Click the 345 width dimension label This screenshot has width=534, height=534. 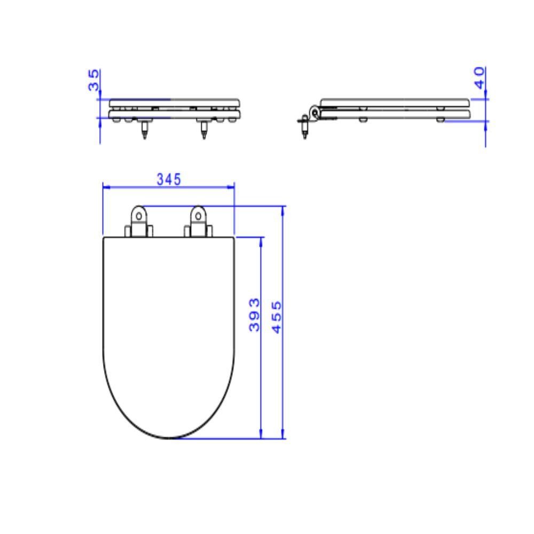point(169,179)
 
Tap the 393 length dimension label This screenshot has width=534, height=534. point(254,315)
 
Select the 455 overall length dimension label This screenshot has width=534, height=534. point(277,317)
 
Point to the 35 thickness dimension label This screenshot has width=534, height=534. point(93,80)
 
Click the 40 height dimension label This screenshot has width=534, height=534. point(480,78)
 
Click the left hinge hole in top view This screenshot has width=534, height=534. point(139,216)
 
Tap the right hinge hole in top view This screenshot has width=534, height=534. point(198,216)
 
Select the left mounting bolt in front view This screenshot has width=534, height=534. point(145,129)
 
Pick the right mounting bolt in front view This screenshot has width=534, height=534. point(204,129)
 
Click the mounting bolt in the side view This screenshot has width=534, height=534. point(305,127)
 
